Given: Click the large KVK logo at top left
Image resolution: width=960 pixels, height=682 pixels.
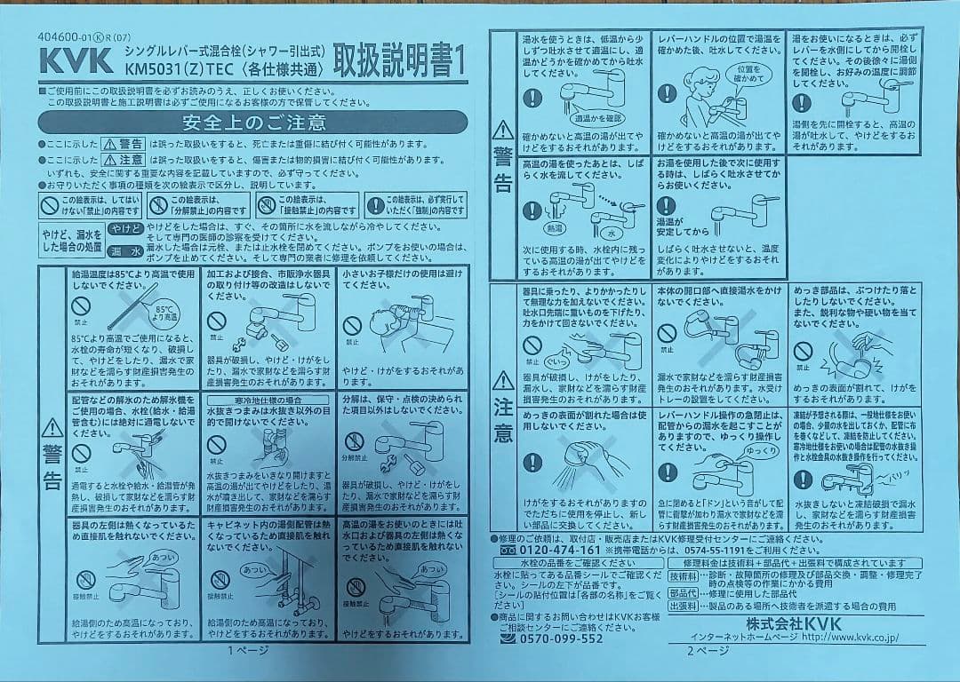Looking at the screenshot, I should [75, 59].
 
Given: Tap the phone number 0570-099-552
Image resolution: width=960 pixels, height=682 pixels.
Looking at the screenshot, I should [562, 638].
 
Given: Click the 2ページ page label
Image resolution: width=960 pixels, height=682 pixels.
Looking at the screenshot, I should [707, 650].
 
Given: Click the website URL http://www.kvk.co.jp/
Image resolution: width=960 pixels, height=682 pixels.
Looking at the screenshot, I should [850, 636].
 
